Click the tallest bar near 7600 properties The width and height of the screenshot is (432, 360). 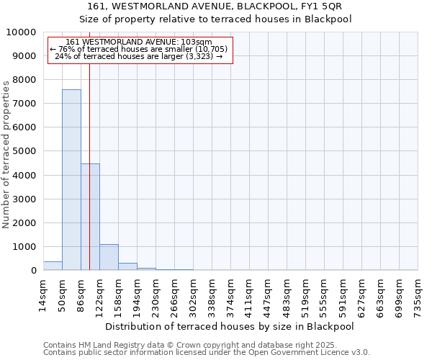pos(71,180)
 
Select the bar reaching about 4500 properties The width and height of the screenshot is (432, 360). pos(90,217)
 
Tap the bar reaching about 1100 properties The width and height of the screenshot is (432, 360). pos(109,257)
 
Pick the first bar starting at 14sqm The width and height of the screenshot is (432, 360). pos(53,266)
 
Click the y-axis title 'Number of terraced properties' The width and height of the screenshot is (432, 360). pos(6,154)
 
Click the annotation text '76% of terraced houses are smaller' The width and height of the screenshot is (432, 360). pos(142,49)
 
